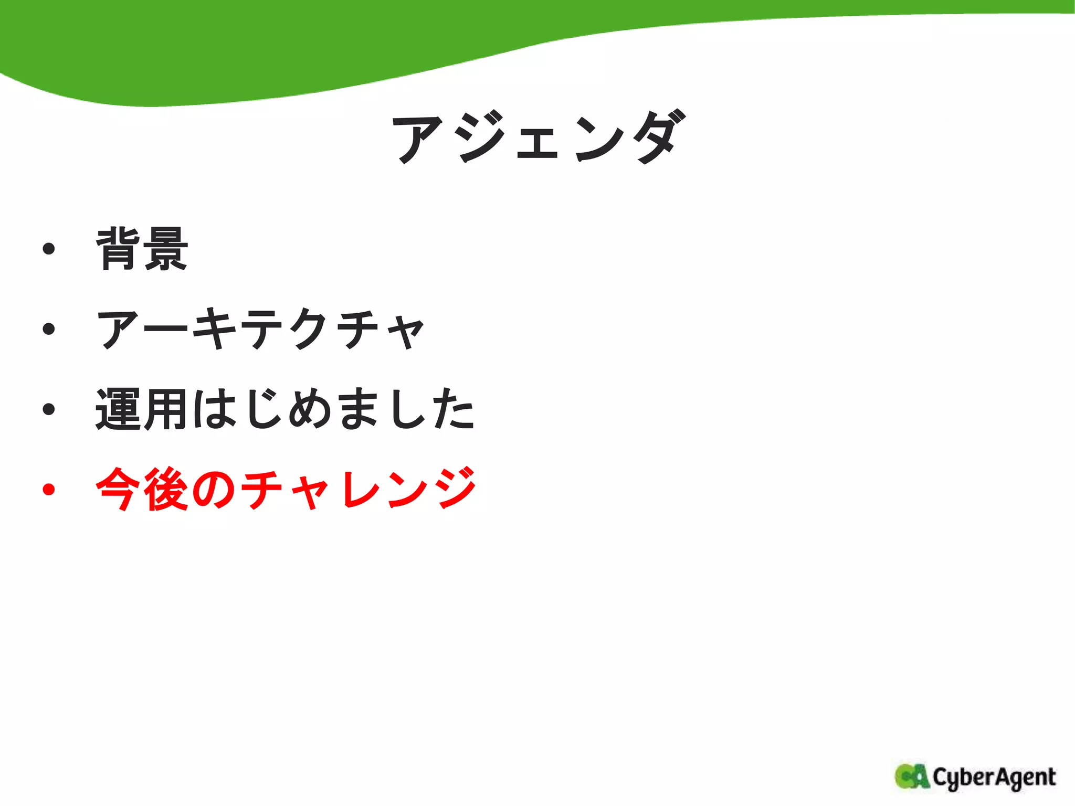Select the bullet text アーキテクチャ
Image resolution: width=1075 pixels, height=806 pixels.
tap(261, 329)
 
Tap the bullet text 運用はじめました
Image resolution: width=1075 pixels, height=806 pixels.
tap(286, 409)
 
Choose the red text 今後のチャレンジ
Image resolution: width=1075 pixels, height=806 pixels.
tap(286, 489)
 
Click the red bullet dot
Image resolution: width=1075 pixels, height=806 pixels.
tap(49, 490)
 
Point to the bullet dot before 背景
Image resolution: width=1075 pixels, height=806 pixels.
tap(49, 249)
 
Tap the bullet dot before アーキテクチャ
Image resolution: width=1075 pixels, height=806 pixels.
tap(49, 329)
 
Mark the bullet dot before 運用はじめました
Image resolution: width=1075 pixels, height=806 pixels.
tap(49, 409)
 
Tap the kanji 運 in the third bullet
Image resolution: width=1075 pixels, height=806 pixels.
tap(118, 409)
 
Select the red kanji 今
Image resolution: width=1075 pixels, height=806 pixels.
tap(118, 489)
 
